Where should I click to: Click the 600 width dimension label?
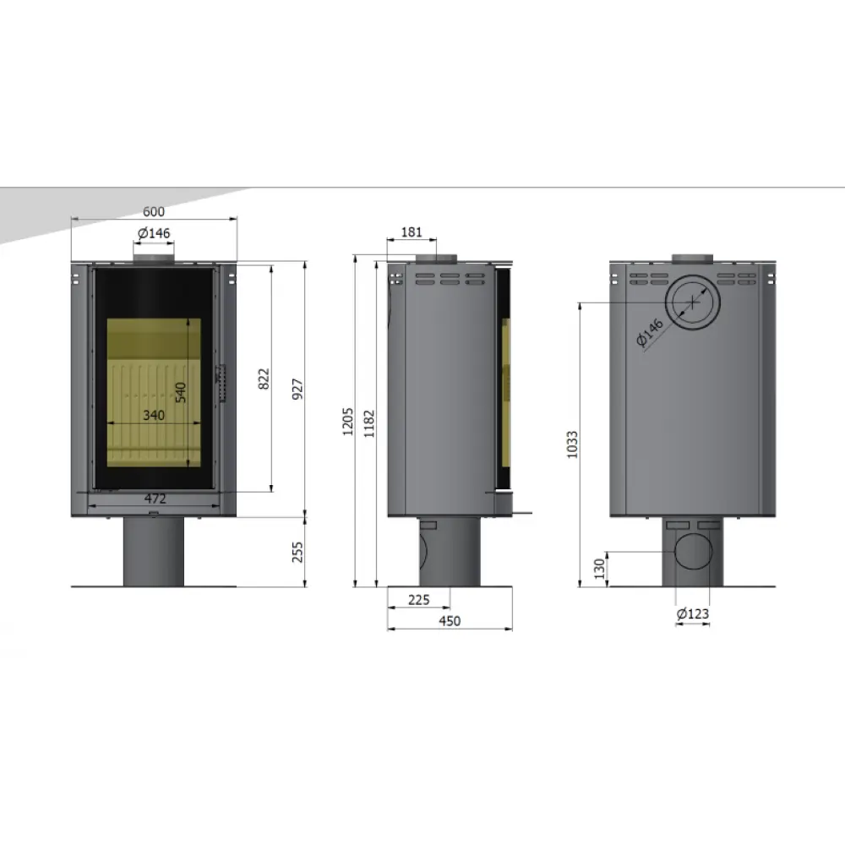coord(154,211)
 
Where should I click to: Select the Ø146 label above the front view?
coord(154,233)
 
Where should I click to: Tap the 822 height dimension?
coord(264,379)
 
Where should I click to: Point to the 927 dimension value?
coord(297,389)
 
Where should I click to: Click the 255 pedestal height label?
coord(297,552)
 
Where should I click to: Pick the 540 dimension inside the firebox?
coord(181,392)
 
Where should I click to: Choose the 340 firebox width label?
coord(154,415)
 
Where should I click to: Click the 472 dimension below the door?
coord(155,499)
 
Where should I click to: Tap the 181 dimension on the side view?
coord(412,232)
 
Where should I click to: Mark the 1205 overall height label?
coord(347,422)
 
